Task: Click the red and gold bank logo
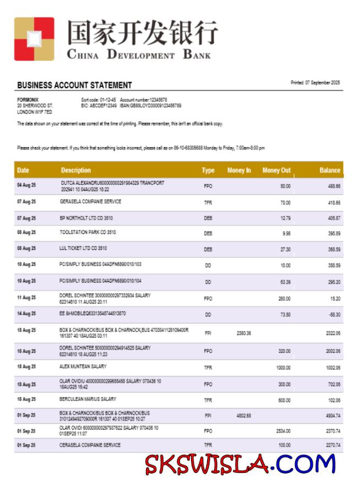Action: click(34, 39)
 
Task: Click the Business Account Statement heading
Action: click(74, 85)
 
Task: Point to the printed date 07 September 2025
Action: click(315, 83)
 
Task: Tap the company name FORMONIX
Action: click(28, 100)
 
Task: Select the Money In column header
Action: click(239, 170)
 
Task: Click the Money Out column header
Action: click(276, 170)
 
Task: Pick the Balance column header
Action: click(330, 170)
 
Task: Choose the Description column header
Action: click(76, 170)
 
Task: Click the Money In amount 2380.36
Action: click(244, 333)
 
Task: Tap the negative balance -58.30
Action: click(334, 314)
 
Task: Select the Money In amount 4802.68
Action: click(244, 416)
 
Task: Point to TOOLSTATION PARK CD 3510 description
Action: click(88, 232)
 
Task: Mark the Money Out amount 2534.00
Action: click(283, 431)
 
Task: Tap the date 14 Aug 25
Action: click(26, 313)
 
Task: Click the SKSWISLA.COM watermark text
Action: click(241, 464)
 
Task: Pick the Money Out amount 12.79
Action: click(285, 219)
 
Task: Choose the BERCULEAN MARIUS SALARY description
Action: click(88, 399)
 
